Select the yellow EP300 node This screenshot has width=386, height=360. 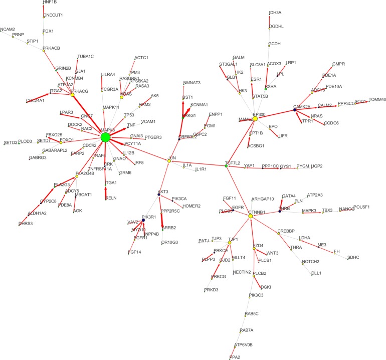[x=255, y=118]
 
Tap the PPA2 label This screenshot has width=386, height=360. [x=235, y=357]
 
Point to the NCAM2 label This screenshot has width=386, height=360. [x=8, y=29]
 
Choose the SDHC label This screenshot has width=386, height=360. [x=353, y=257]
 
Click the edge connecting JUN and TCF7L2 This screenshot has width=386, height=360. [x=198, y=163]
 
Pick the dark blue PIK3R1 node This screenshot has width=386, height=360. [x=143, y=220]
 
